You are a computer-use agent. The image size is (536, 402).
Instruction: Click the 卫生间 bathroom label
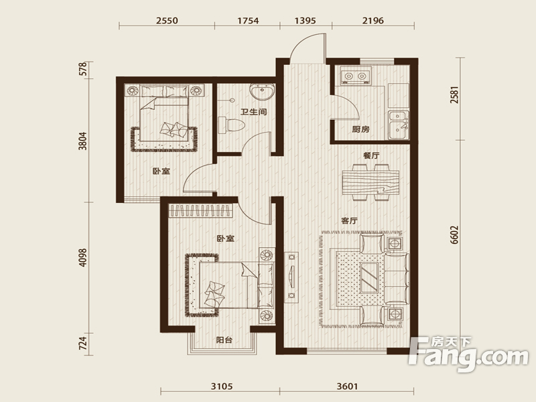coord(254,112)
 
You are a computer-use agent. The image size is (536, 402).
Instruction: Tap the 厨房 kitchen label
coord(361,129)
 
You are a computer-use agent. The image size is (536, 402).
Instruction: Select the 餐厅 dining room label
coord(371,155)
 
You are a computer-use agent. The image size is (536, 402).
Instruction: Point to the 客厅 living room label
coord(349,220)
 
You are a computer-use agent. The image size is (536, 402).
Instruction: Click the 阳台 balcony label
coord(224,340)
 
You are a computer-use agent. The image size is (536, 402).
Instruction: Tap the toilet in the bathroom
coord(231,125)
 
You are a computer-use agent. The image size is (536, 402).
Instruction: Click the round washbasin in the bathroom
coord(262,91)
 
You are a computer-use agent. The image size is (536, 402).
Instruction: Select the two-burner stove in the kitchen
coord(355,76)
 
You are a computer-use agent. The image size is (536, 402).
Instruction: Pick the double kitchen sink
coord(399,125)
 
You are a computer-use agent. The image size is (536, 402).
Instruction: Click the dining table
coord(371,182)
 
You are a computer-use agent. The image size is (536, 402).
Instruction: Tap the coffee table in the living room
coord(370,277)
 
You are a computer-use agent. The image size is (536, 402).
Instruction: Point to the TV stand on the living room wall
coord(291,277)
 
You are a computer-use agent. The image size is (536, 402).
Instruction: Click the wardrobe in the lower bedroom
coord(201,210)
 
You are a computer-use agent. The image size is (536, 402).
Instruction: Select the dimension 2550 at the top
coord(167,21)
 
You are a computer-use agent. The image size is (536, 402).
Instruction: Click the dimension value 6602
coord(454,234)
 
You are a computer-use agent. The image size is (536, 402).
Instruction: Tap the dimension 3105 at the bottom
coord(222,387)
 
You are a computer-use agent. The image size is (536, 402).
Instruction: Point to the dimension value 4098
coord(82,257)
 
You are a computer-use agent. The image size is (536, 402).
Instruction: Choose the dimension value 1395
coord(306,21)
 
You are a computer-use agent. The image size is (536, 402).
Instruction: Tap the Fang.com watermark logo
coord(468,354)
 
